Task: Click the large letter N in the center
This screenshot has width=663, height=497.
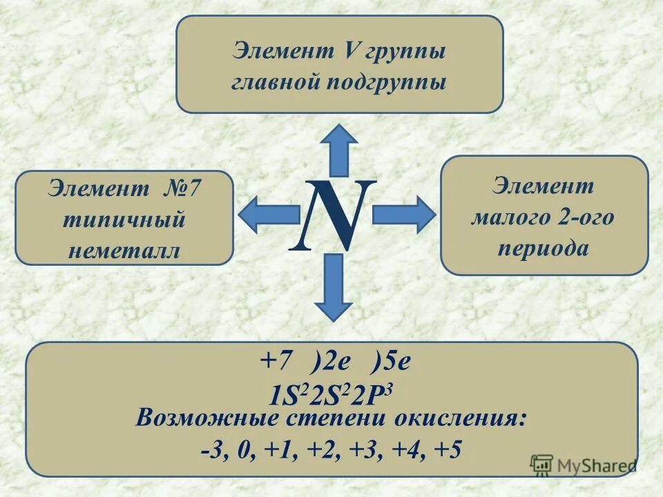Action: pos(332,216)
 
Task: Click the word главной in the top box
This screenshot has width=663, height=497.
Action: pos(271,82)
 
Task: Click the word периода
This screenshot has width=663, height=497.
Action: pos(544,248)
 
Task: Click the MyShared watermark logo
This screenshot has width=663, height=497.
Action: pos(584,465)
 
